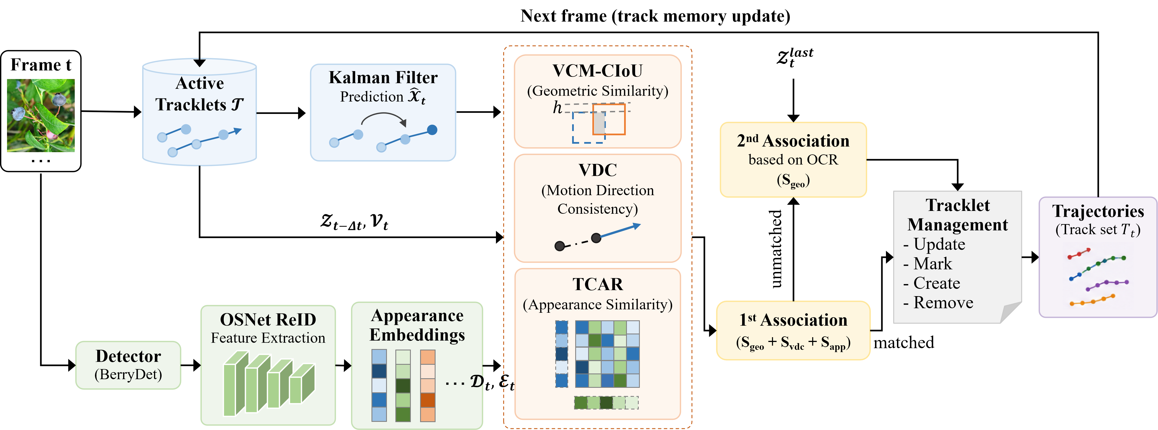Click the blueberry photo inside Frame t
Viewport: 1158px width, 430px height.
pos(41,116)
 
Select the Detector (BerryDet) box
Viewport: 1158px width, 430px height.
pos(128,365)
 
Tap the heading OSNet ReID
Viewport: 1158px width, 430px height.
pos(268,319)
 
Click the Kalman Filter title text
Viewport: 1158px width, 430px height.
pos(383,77)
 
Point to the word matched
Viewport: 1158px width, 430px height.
pos(904,343)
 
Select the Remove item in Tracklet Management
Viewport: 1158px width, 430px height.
pos(938,303)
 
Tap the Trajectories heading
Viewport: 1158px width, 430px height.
pos(1098,211)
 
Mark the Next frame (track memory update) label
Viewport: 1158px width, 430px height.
pos(655,16)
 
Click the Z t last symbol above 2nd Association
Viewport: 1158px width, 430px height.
pos(795,57)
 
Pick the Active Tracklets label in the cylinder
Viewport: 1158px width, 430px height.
pos(200,94)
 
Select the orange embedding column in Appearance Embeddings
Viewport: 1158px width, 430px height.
pos(427,386)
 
